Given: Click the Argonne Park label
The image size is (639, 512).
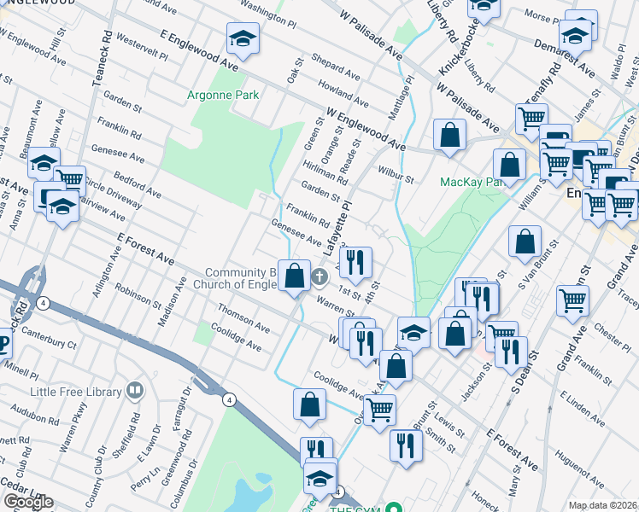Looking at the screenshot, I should (x=223, y=96).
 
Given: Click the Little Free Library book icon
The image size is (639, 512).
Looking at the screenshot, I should (x=134, y=391).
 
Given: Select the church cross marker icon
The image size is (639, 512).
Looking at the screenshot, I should (x=319, y=276).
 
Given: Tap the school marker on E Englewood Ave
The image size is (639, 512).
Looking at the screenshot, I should (x=243, y=38).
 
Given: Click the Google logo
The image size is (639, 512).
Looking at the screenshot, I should (x=28, y=502).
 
